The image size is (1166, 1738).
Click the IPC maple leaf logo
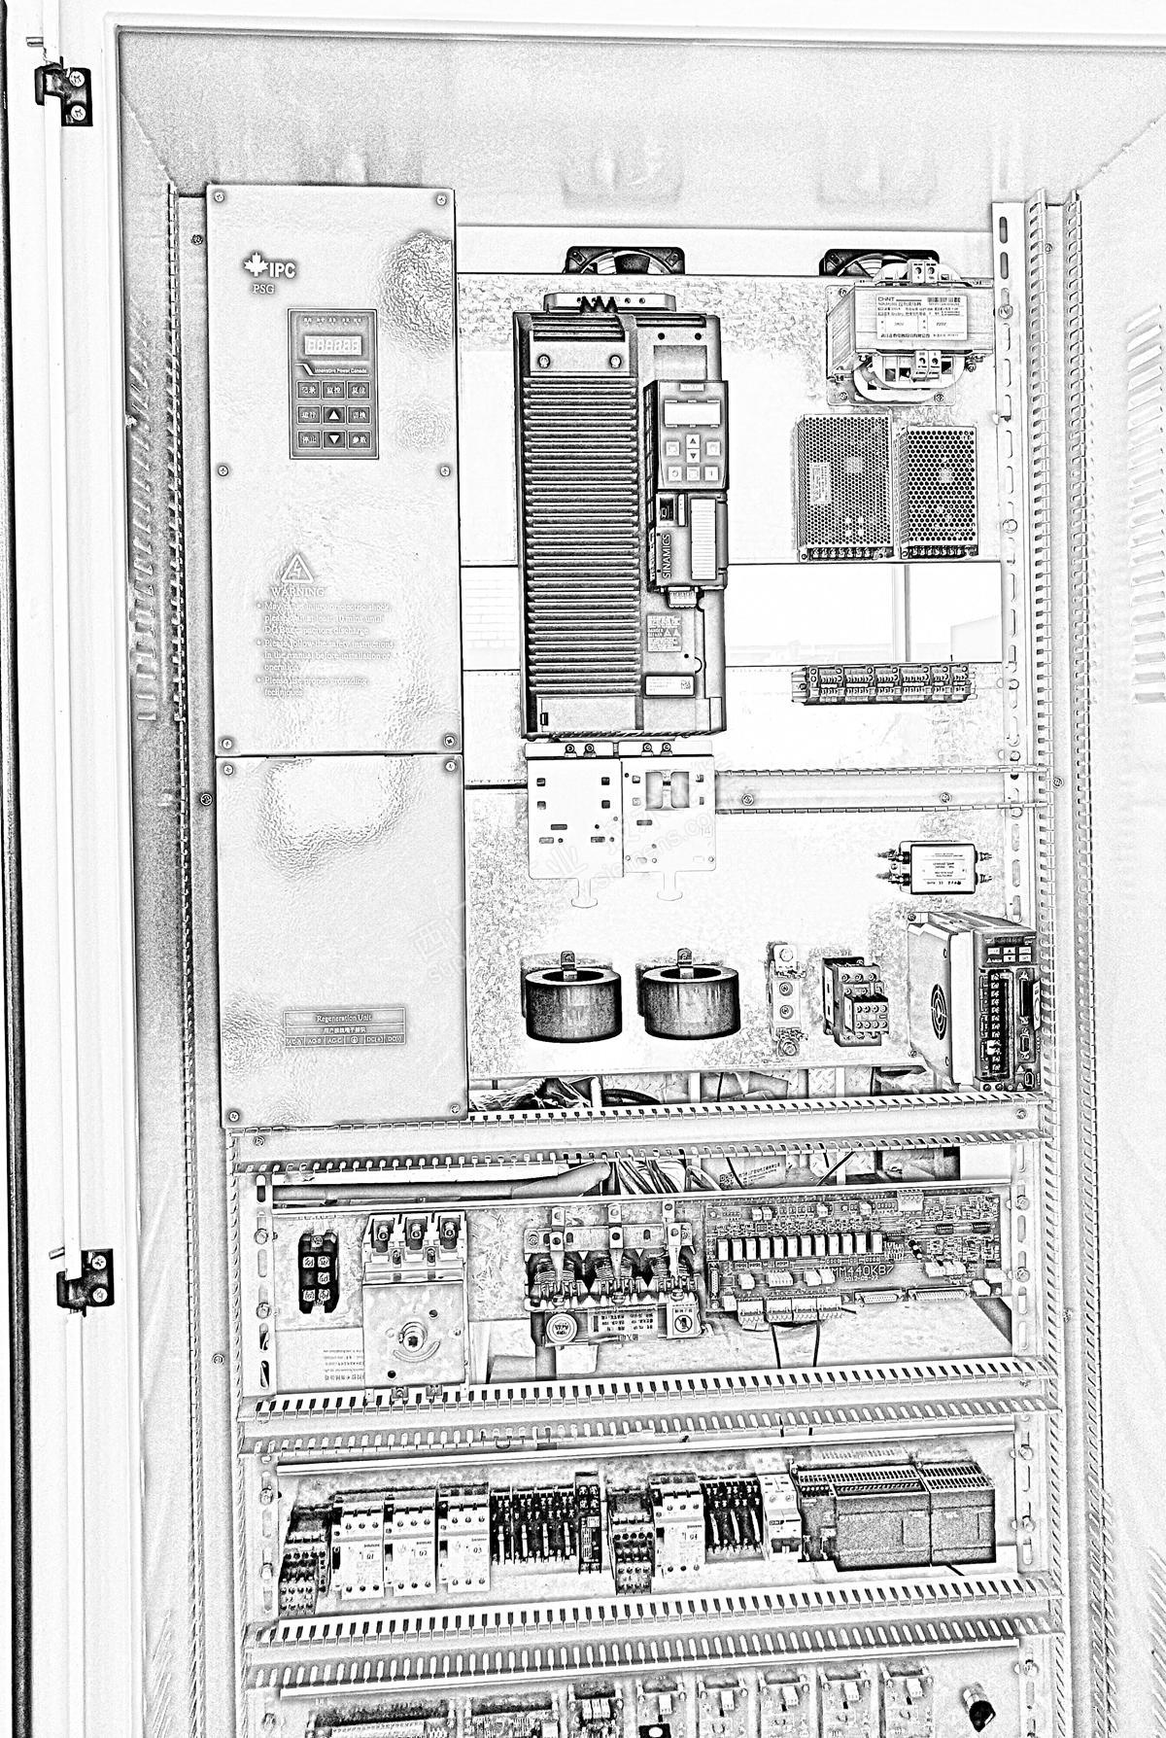pyautogui.click(x=256, y=265)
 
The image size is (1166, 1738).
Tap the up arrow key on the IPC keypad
pyautogui.click(x=333, y=415)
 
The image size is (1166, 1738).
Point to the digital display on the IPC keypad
pyautogui.click(x=332, y=345)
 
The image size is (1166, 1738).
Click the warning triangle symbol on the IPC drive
pyautogui.click(x=297, y=569)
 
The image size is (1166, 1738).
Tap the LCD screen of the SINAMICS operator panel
pyautogui.click(x=692, y=412)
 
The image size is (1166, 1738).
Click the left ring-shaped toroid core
pyautogui.click(x=571, y=1001)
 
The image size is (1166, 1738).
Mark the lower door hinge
pyautogui.click(x=86, y=1280)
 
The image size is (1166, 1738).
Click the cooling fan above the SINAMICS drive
pyautogui.click(x=624, y=260)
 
